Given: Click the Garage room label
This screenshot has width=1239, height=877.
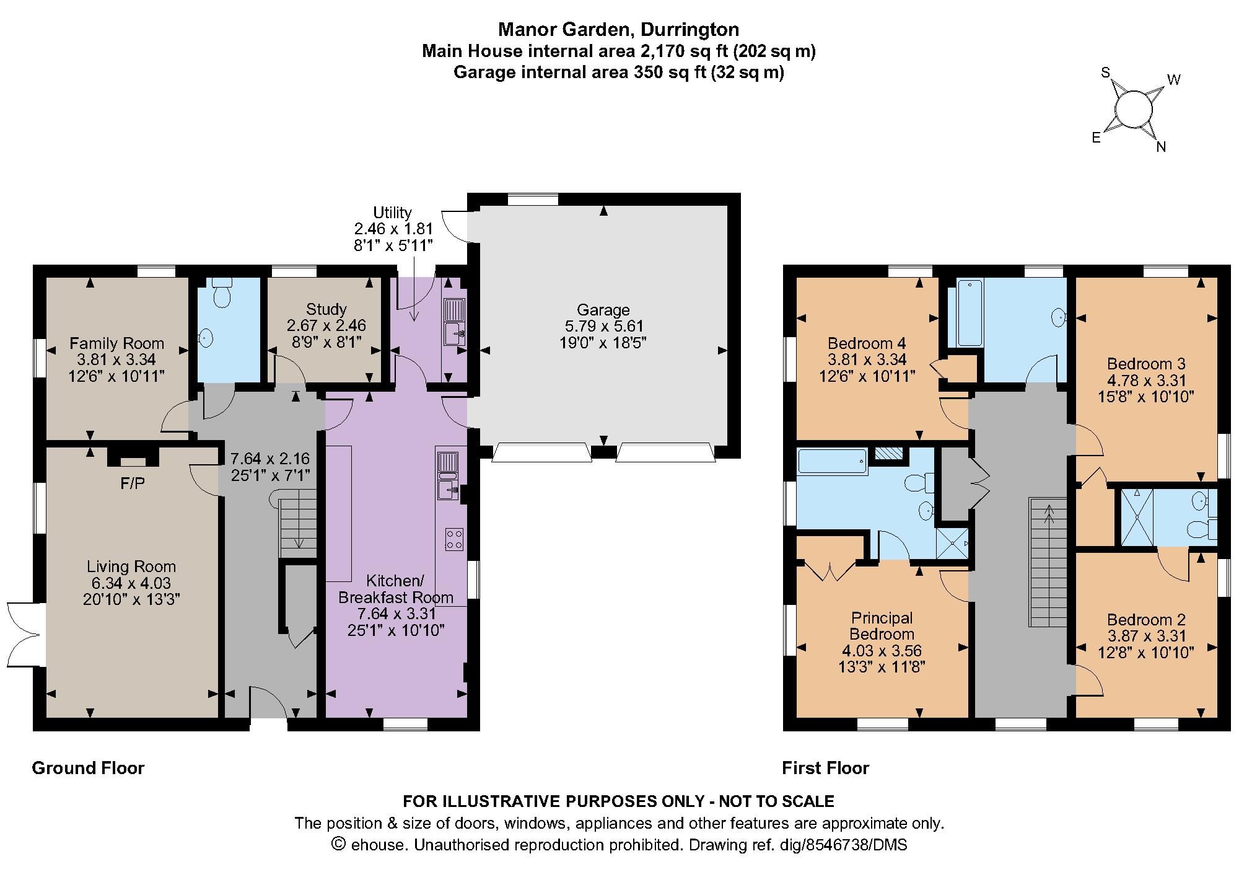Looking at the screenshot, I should (x=603, y=310).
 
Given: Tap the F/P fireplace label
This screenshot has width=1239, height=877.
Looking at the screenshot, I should (x=133, y=483).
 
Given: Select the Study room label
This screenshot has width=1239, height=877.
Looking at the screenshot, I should (x=326, y=309).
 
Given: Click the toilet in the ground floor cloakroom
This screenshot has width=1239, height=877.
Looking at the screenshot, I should (x=222, y=294).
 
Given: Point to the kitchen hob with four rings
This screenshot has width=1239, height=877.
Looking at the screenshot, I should (x=454, y=539).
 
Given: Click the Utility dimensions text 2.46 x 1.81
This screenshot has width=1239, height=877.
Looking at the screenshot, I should (x=393, y=229).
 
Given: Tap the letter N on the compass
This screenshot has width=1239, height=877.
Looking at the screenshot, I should (x=1161, y=147).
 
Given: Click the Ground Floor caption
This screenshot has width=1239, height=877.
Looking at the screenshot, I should (x=88, y=768).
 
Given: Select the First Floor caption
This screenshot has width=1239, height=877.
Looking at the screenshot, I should (x=825, y=768).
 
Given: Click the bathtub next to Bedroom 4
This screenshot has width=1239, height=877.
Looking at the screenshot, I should (x=970, y=313).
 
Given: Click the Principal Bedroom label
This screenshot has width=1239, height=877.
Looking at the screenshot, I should (x=882, y=625).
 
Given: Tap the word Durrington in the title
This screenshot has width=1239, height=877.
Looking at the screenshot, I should (x=690, y=29).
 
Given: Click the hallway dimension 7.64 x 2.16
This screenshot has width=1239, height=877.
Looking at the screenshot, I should (x=269, y=459).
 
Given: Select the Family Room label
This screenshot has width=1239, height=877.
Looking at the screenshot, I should (x=116, y=343).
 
